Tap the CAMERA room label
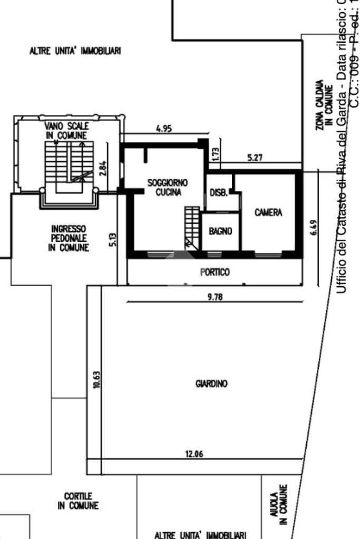(268, 212)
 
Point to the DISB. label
(218, 193)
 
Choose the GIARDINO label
(211, 384)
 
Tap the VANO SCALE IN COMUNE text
(67, 131)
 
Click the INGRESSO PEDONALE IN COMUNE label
(69, 239)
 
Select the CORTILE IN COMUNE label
(78, 501)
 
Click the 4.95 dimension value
(164, 128)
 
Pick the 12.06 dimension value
(194, 455)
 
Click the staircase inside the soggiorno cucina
(192, 227)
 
